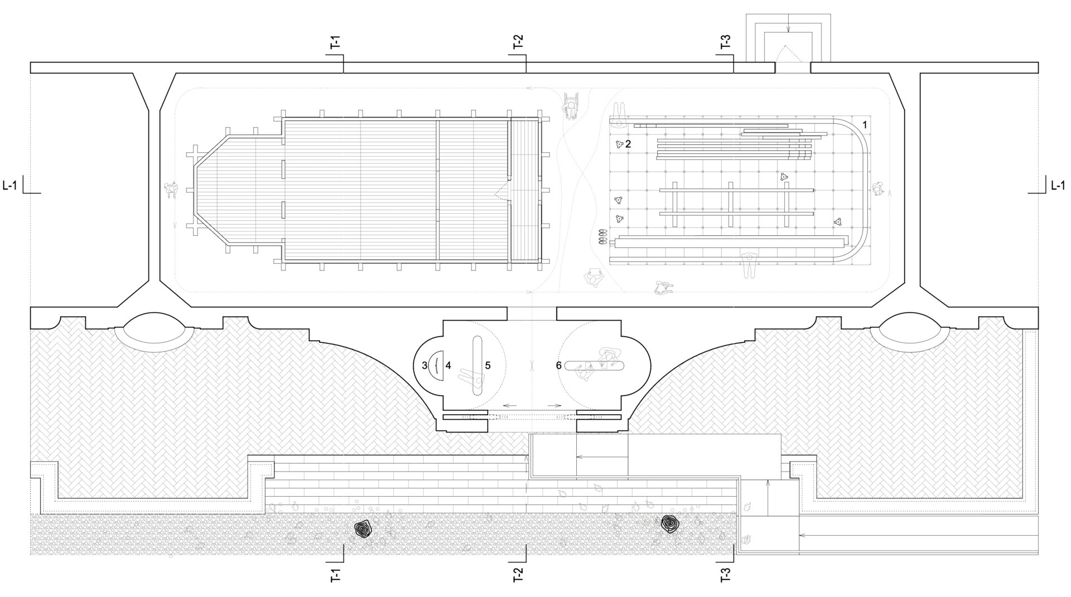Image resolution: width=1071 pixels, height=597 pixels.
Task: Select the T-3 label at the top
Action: pyautogui.click(x=725, y=43)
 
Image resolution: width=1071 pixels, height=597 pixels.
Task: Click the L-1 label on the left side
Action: pyautogui.click(x=9, y=186)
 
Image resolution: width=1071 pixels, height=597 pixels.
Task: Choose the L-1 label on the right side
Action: pyautogui.click(x=1058, y=186)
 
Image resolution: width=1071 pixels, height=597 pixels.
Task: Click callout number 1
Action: pyautogui.click(x=865, y=125)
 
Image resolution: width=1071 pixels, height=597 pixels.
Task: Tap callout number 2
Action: pyautogui.click(x=628, y=144)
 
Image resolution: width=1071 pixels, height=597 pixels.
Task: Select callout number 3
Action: pyautogui.click(x=424, y=366)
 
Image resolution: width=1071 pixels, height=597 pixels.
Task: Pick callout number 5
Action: pyautogui.click(x=488, y=366)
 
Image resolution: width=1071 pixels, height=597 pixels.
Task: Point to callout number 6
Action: pyautogui.click(x=558, y=366)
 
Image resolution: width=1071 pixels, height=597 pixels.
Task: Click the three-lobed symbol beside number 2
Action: pyautogui.click(x=619, y=144)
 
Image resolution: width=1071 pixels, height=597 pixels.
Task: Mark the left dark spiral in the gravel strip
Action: pyautogui.click(x=364, y=527)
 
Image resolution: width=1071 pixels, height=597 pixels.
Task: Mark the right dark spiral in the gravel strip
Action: pyautogui.click(x=669, y=523)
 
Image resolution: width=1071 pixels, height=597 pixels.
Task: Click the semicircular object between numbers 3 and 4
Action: pyautogui.click(x=437, y=365)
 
